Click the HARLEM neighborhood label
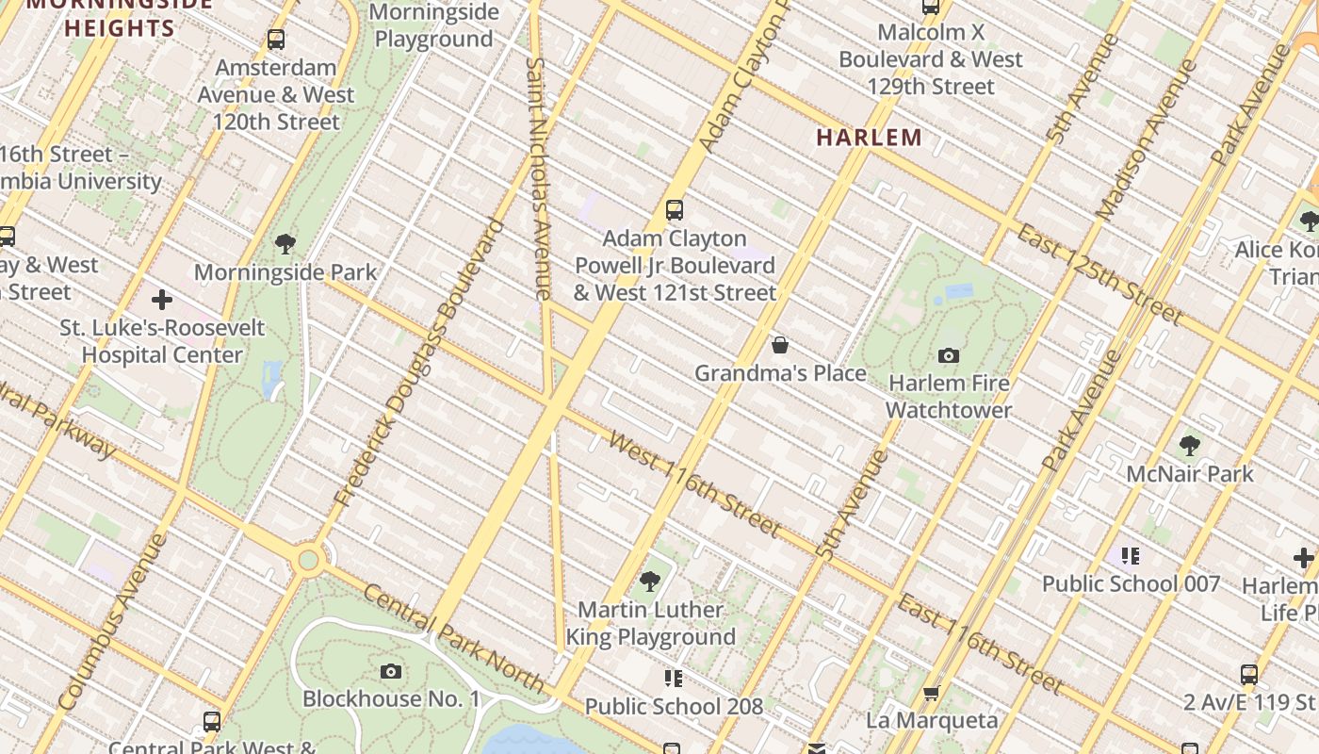click(869, 138)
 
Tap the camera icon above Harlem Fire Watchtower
click(949, 355)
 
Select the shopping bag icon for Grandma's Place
click(780, 345)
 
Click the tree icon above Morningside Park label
click(285, 245)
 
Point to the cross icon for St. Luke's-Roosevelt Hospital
click(162, 300)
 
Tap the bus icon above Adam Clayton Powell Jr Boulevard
click(674, 210)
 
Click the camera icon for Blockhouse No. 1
click(391, 671)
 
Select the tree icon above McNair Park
click(1189, 445)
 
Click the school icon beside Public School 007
click(1130, 556)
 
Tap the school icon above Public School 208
click(673, 678)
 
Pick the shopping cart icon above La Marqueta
click(931, 693)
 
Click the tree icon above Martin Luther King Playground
click(649, 581)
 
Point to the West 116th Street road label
click(694, 484)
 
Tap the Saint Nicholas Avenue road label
click(537, 179)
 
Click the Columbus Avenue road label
click(112, 622)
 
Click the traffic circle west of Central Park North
click(308, 561)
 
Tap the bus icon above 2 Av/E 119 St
click(1248, 675)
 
